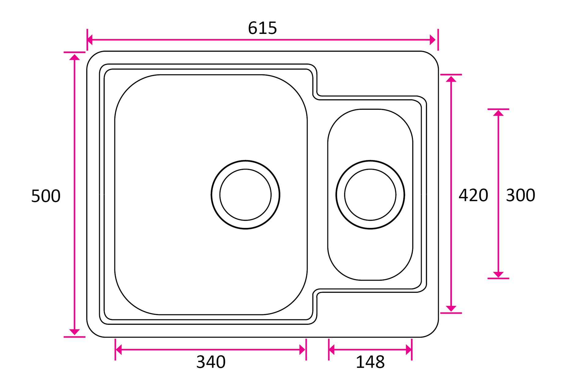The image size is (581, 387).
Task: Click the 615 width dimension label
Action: (x=262, y=28)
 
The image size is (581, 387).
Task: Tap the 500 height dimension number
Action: (x=46, y=196)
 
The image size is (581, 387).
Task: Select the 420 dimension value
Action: (x=473, y=195)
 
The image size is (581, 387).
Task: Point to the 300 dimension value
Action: (x=520, y=195)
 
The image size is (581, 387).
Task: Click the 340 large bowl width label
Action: (x=211, y=362)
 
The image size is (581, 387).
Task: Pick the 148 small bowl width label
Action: (x=370, y=362)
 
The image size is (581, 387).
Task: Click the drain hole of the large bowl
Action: (x=246, y=195)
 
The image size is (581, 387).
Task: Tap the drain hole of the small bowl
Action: (x=370, y=195)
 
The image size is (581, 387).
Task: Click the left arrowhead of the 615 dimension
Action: (x=90, y=40)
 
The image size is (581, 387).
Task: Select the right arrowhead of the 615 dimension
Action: (x=433, y=40)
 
